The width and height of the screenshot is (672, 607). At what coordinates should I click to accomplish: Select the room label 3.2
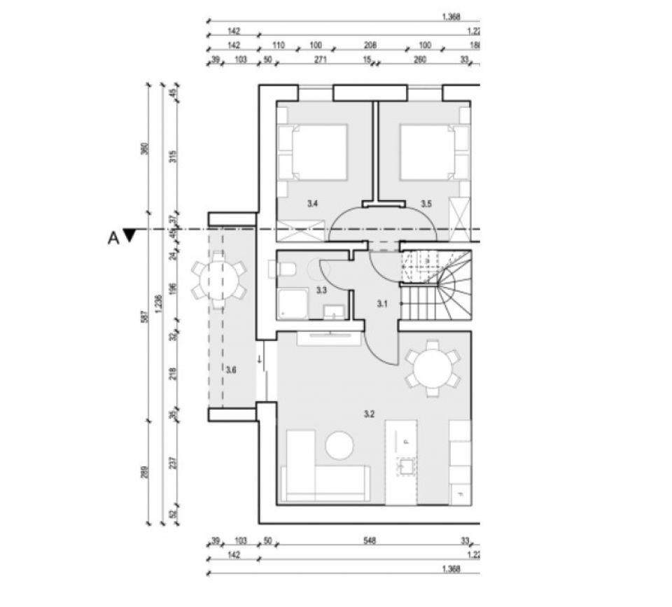click(x=370, y=414)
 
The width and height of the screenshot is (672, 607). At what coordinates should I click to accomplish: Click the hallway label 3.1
click(x=382, y=304)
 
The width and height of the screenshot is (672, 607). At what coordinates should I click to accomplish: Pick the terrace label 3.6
click(x=231, y=369)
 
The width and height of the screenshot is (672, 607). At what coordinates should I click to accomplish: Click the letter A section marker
click(x=113, y=237)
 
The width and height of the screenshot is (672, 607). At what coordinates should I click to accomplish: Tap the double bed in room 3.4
click(x=317, y=153)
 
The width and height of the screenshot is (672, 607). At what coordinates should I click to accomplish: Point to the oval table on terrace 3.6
click(x=218, y=281)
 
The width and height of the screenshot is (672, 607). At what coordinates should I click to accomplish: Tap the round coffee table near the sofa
click(x=340, y=445)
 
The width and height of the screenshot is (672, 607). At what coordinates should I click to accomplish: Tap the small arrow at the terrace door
click(x=260, y=360)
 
